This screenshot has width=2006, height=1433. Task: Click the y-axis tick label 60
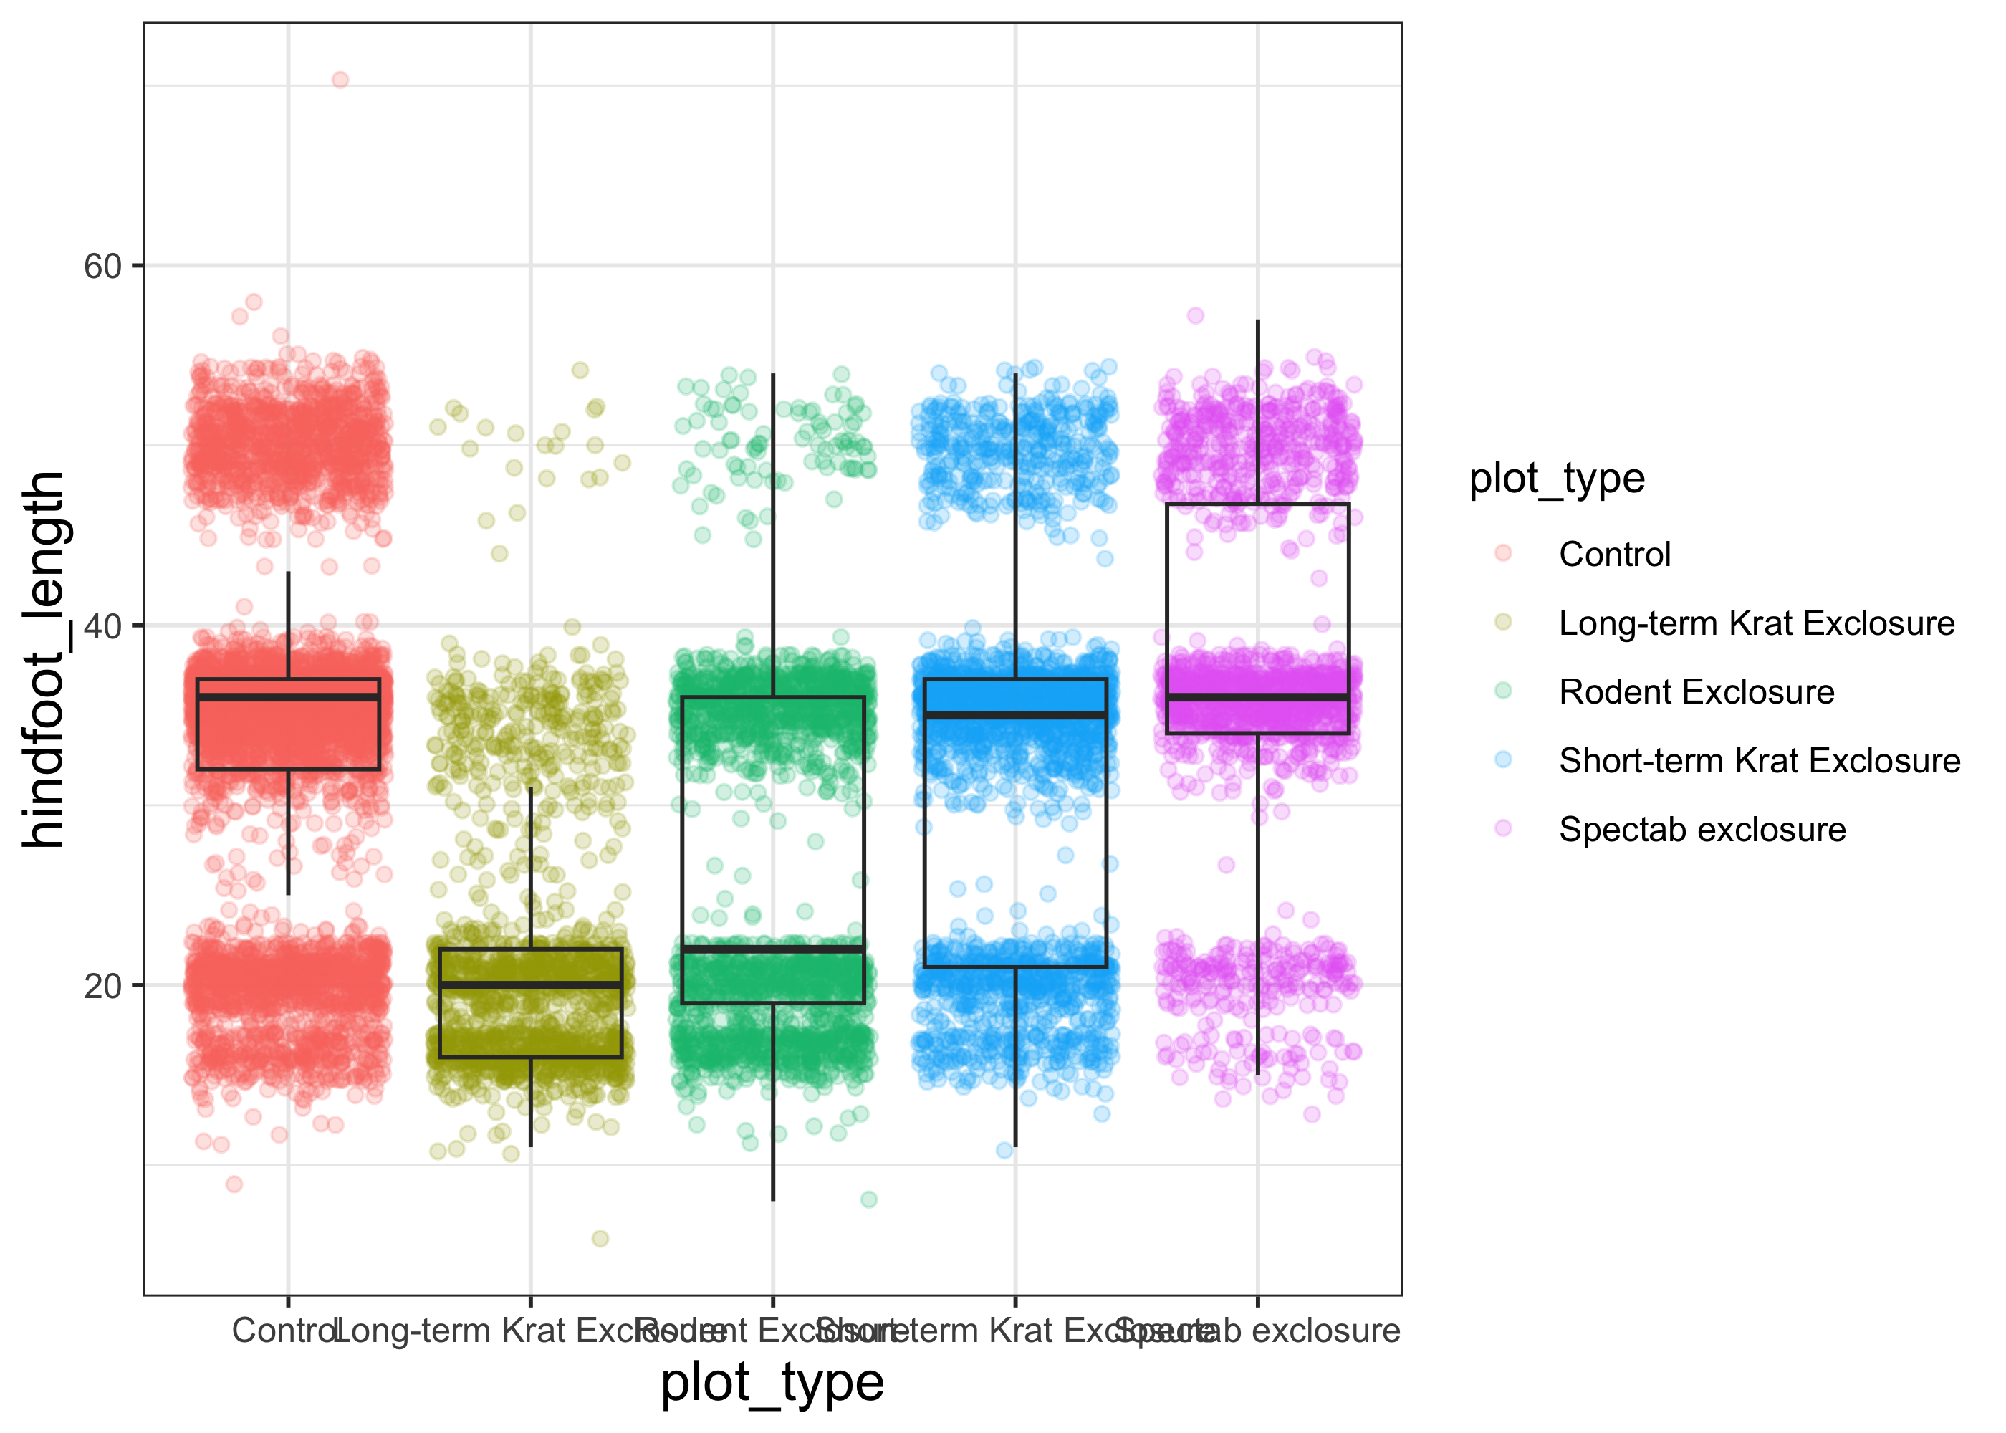pos(102,267)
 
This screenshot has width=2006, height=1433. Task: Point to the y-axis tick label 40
pos(102,626)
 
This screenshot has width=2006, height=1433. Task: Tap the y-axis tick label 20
pos(102,986)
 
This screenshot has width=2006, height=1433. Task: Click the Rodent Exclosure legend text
pos(1696,693)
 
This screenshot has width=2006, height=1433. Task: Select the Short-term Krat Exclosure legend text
pos(1759,762)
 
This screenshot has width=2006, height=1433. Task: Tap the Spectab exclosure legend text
pos(1702,830)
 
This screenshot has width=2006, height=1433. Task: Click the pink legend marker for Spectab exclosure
pos(1503,828)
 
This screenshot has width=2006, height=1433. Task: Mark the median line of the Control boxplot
pos(289,697)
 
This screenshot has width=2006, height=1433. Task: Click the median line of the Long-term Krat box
pos(530,984)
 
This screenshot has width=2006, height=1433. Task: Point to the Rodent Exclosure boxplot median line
pos(773,949)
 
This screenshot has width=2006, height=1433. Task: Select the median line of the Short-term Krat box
pos(1015,715)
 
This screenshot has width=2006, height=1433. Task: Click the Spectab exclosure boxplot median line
pos(1258,697)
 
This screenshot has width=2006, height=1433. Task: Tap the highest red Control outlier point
pos(340,80)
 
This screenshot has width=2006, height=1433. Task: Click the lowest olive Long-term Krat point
pos(600,1239)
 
